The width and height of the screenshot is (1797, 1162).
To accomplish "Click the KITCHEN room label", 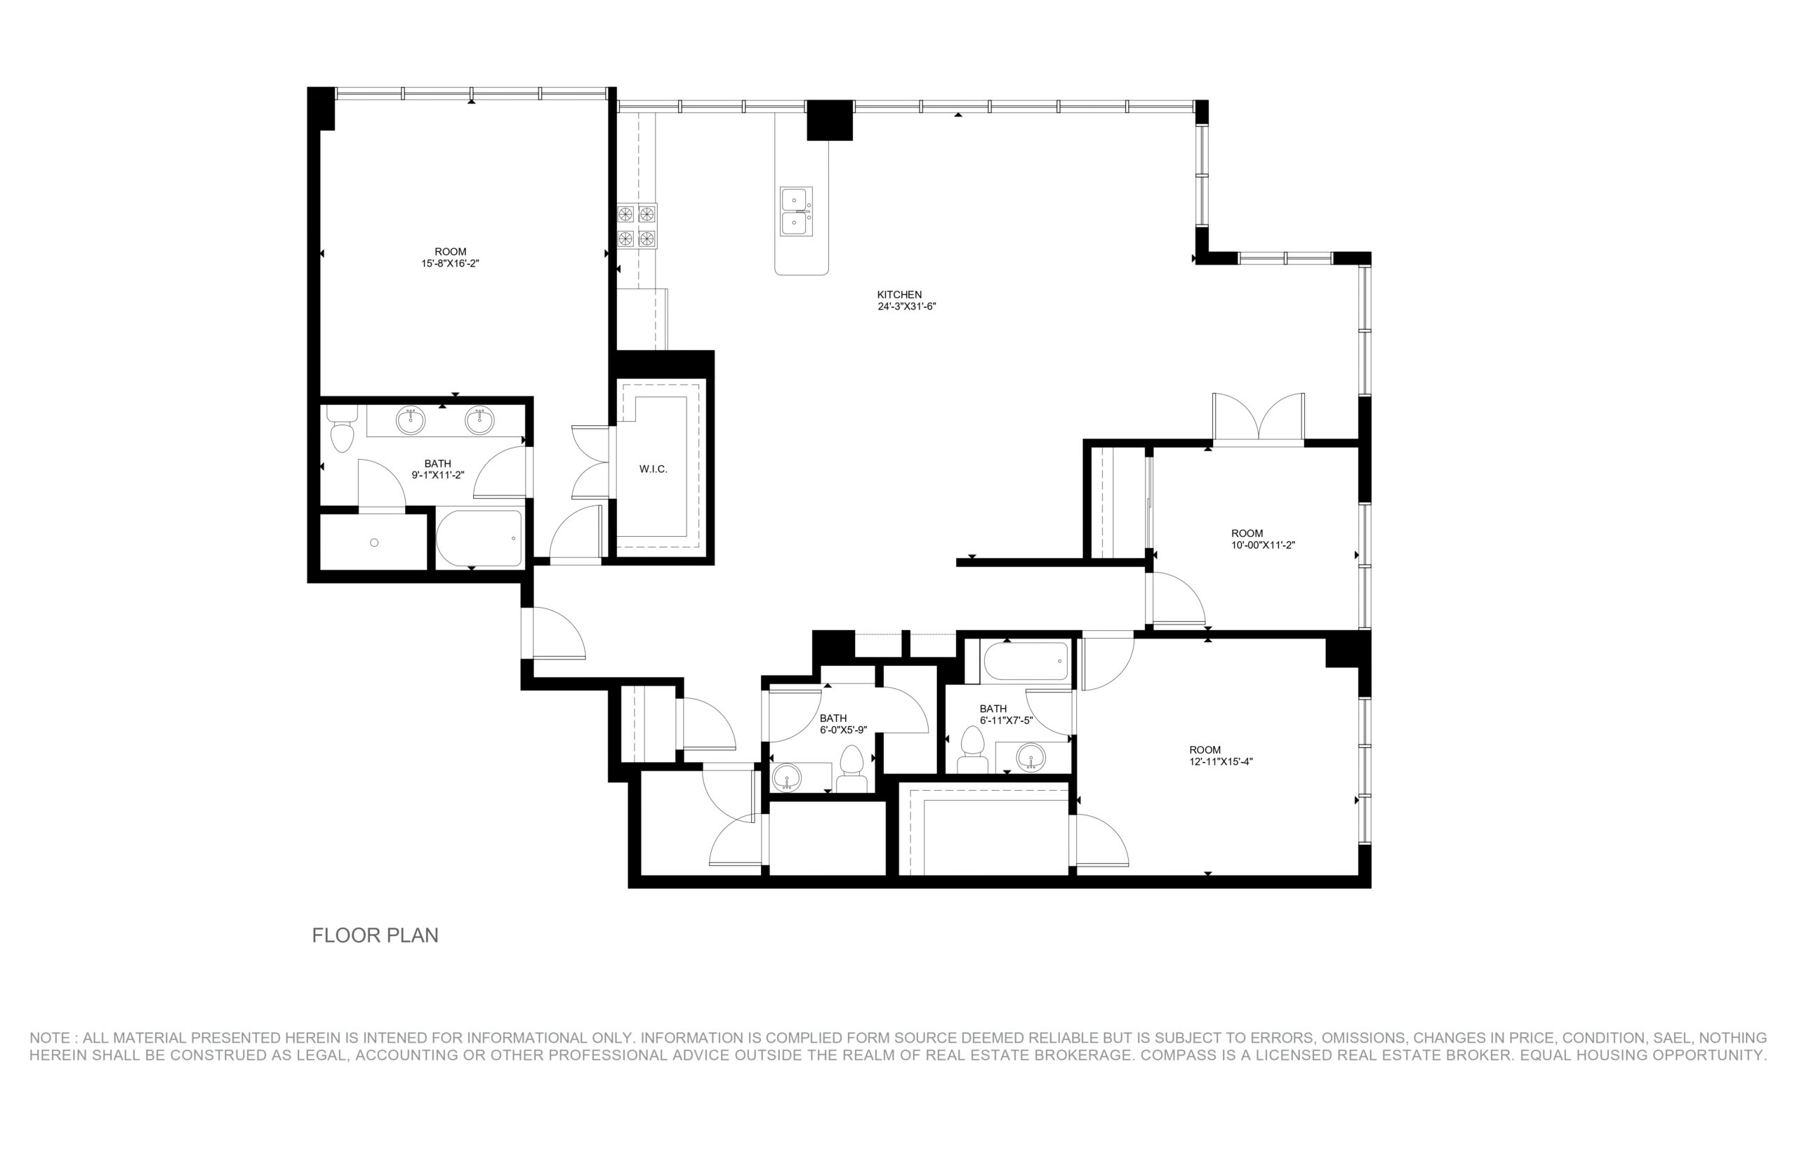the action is point(899,294).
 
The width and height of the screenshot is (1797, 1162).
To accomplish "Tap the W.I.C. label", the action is point(653,469).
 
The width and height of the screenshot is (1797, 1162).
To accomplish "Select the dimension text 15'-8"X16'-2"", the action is point(451,263).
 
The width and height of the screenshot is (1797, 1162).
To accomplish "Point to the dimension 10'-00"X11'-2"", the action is point(1263,545).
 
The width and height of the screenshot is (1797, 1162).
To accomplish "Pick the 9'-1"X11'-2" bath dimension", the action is point(438,475).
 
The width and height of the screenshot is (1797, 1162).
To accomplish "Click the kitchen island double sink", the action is point(796,211).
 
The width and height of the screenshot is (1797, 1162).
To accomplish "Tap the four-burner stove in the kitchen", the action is point(637,226).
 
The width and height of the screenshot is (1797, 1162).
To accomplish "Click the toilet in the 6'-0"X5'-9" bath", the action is point(852,768).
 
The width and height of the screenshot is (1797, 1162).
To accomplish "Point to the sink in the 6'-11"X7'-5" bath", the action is point(1030,756).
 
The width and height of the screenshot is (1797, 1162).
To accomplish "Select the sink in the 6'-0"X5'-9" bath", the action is point(787,777).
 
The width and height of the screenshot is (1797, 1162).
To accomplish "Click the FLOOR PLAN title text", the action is point(375,935).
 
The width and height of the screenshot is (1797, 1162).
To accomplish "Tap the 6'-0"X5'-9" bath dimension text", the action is point(843,730).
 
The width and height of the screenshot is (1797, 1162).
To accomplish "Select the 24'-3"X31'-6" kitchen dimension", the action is point(906,307).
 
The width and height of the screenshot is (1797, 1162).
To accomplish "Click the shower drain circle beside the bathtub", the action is point(374,542).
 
